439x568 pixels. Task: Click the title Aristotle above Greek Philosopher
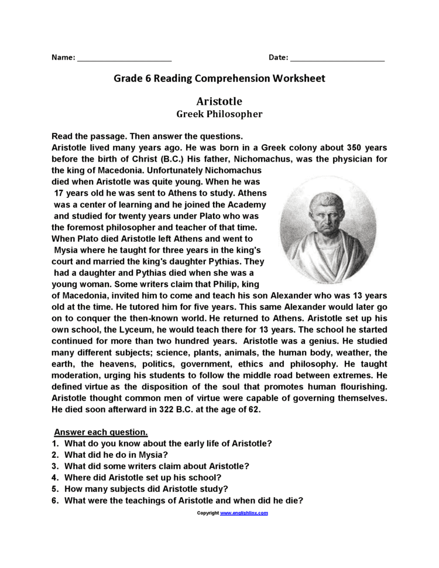click(219, 101)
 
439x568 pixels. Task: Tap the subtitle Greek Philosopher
click(220, 114)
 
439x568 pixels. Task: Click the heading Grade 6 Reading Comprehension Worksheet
click(219, 78)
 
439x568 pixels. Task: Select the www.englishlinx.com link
click(243, 513)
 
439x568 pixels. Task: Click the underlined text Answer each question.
click(101, 432)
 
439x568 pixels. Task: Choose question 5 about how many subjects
click(146, 488)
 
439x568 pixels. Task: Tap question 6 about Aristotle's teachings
click(183, 500)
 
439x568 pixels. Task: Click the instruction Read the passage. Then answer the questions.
click(147, 136)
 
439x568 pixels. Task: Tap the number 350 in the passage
click(356, 148)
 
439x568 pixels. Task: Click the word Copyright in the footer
click(207, 513)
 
